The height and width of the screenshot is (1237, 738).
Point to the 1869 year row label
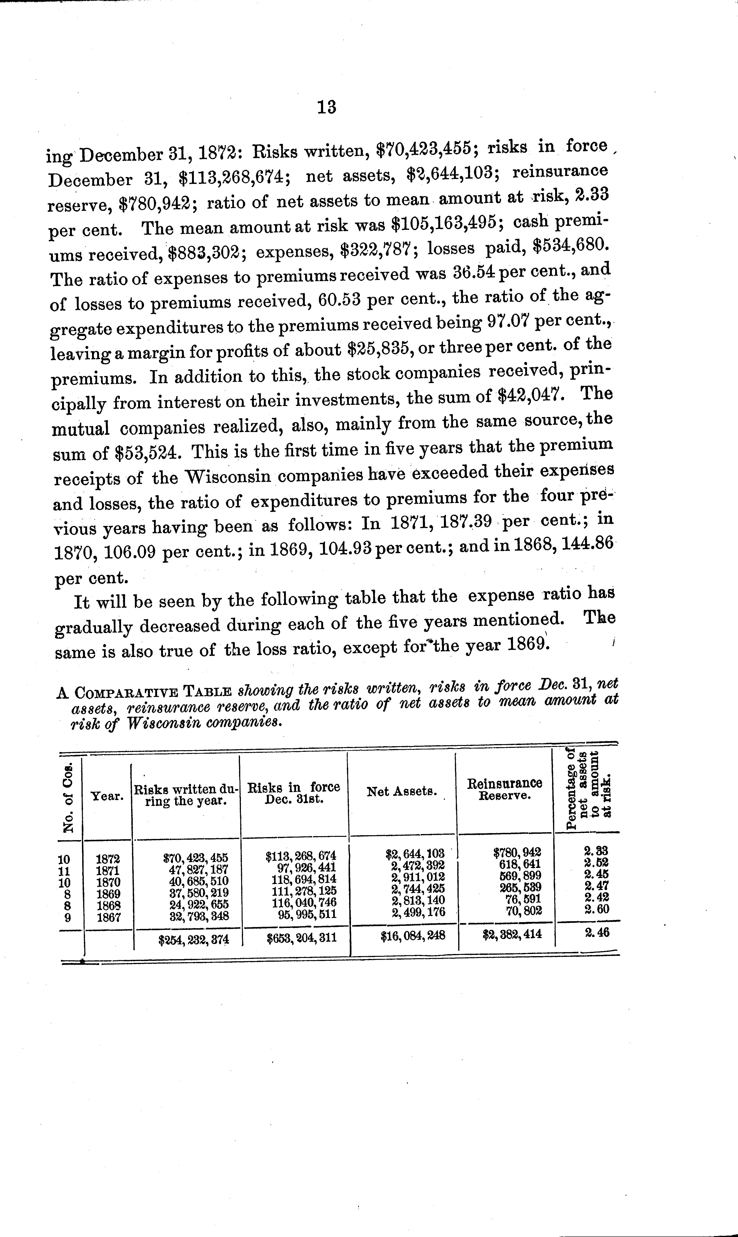tap(107, 894)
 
